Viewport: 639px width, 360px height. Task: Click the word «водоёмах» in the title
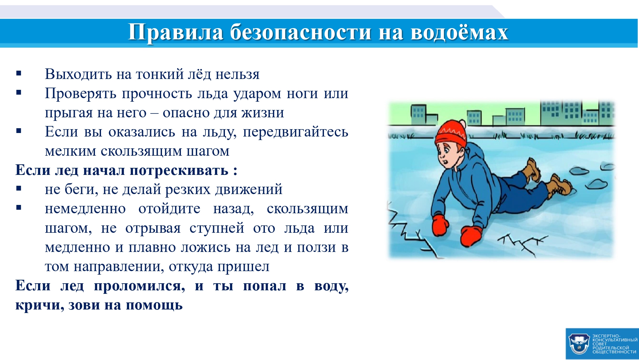click(459, 32)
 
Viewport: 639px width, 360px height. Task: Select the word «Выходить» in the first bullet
click(78, 74)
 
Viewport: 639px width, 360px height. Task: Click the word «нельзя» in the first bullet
click(237, 74)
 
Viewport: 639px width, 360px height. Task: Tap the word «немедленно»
click(85, 209)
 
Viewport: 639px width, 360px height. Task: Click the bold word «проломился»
click(139, 286)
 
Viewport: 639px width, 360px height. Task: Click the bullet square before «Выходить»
click(19, 74)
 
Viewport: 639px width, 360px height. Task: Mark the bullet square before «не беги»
click(19, 189)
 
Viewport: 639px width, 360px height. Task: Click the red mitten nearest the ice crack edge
click(440, 225)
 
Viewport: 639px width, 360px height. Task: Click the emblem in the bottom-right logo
click(579, 344)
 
